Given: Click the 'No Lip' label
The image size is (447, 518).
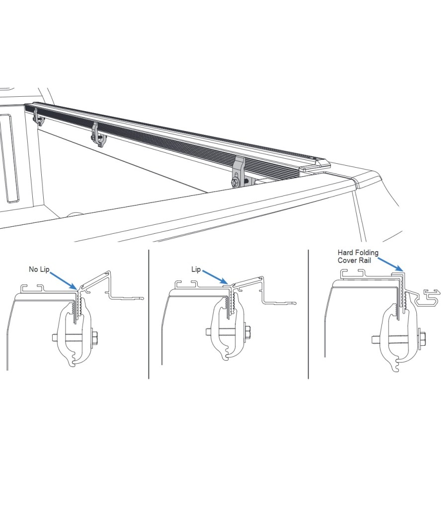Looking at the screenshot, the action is pyautogui.click(x=39, y=269).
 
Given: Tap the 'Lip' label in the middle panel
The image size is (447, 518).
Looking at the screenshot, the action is pyautogui.click(x=196, y=269).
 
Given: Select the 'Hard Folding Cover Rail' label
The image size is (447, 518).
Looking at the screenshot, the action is pyautogui.click(x=358, y=257).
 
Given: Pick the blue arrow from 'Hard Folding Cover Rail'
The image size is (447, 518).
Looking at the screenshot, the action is pyautogui.click(x=390, y=265).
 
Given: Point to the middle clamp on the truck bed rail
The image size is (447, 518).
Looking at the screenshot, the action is pyautogui.click(x=98, y=135).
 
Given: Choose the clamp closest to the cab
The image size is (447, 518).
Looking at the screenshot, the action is pyautogui.click(x=38, y=117).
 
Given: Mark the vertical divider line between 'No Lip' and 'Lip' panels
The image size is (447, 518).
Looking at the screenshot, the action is pyautogui.click(x=149, y=314).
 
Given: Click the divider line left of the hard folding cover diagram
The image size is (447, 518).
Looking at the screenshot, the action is pyautogui.click(x=308, y=314).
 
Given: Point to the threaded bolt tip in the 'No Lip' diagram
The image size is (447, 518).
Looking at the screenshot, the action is pyautogui.click(x=54, y=337).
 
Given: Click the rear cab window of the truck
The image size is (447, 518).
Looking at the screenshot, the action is pyautogui.click(x=9, y=158).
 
